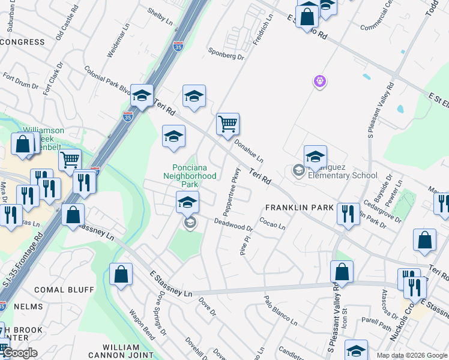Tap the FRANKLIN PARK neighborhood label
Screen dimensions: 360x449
pyautogui.click(x=300, y=207)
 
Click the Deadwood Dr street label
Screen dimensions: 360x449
pyautogui.click(x=234, y=224)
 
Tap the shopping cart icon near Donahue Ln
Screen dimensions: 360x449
pyautogui.click(x=228, y=125)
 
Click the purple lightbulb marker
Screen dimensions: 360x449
pyautogui.click(x=319, y=81)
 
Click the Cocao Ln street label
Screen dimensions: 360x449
pyautogui.click(x=273, y=223)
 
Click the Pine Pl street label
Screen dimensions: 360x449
pyautogui.click(x=244, y=246)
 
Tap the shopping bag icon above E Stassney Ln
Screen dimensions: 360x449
pyautogui.click(x=120, y=274)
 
